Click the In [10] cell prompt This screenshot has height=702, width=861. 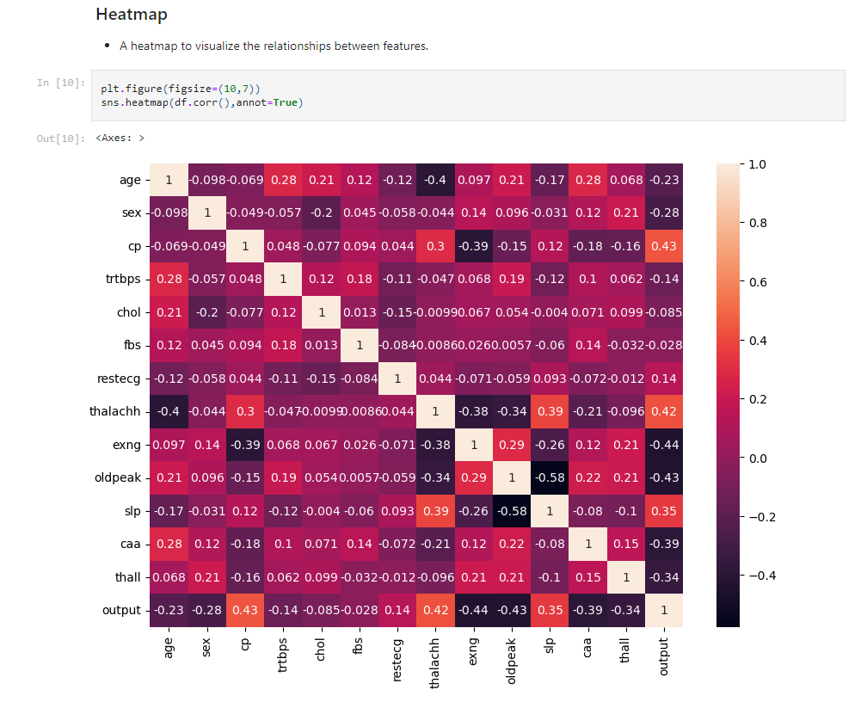coord(60,83)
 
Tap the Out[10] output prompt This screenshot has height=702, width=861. coord(60,139)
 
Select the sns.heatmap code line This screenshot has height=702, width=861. coord(202,102)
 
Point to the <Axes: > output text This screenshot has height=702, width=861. coord(120,138)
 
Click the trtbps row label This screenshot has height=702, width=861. coord(120,280)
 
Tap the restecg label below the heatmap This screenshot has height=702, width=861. coord(397,658)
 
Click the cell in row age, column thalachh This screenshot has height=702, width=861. coord(436,180)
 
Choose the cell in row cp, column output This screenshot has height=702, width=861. coord(664,246)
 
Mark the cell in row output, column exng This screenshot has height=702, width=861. coord(474,611)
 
